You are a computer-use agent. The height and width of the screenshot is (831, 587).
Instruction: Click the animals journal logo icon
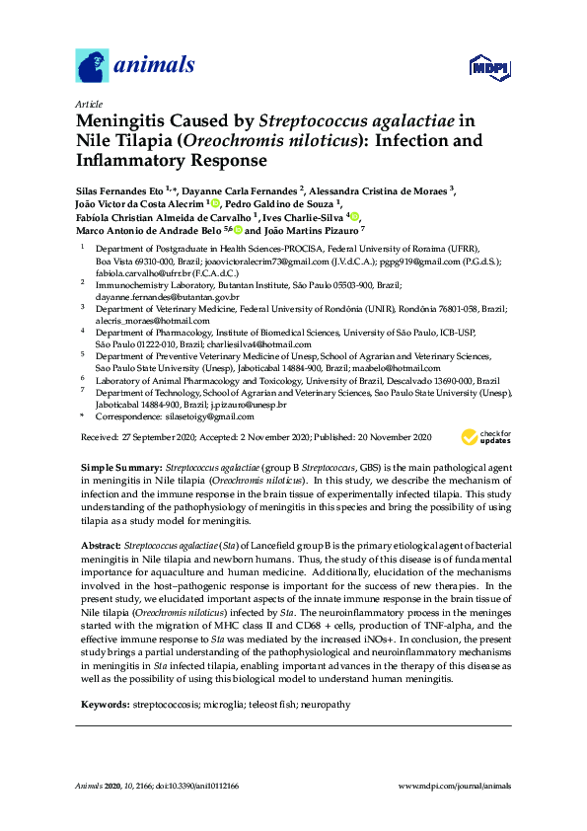tap(93, 66)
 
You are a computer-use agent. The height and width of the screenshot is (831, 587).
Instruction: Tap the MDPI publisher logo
tap(488, 68)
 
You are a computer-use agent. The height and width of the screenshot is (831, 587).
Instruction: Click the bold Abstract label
tap(100, 544)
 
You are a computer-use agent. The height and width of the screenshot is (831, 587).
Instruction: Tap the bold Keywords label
tap(103, 705)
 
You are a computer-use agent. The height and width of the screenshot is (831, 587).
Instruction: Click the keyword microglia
tap(219, 705)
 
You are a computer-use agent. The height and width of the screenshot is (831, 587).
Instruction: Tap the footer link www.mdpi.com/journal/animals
tap(454, 785)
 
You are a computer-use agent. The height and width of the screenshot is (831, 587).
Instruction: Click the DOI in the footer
tap(217, 785)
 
